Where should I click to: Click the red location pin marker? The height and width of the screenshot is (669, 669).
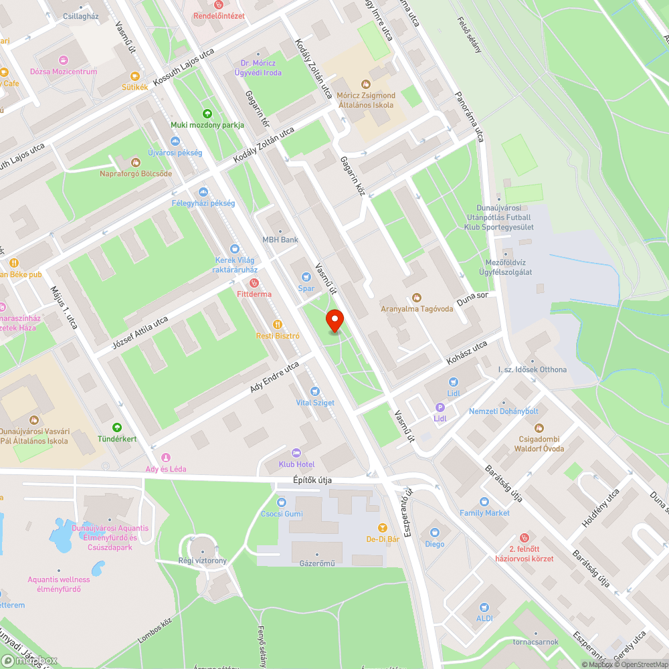coord(334,320)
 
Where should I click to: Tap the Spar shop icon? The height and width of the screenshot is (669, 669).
coord(306,276)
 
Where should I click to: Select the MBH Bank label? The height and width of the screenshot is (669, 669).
coord(280,240)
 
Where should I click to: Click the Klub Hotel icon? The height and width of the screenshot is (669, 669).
coord(296,452)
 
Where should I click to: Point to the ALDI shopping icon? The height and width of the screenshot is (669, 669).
coord(484,607)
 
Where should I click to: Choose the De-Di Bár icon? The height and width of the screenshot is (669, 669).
coord(383,528)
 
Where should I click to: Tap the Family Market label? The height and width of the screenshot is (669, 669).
coord(484,513)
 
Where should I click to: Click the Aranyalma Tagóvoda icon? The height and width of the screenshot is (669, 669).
coord(417,298)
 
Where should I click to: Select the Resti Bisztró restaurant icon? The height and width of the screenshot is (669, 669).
coord(278,324)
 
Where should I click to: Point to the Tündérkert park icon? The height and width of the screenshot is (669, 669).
coord(117,427)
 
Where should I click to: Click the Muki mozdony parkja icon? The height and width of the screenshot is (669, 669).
coord(207,114)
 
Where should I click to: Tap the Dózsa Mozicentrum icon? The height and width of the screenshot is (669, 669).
coord(64,60)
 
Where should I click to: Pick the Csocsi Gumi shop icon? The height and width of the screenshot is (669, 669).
coord(281,502)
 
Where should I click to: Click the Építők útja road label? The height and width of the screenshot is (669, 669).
coord(312,480)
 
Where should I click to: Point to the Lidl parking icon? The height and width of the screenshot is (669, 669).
coord(440,407)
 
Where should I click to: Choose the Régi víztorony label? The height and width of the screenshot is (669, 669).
coord(202,561)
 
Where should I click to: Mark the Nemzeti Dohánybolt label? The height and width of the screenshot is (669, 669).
coord(503,411)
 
